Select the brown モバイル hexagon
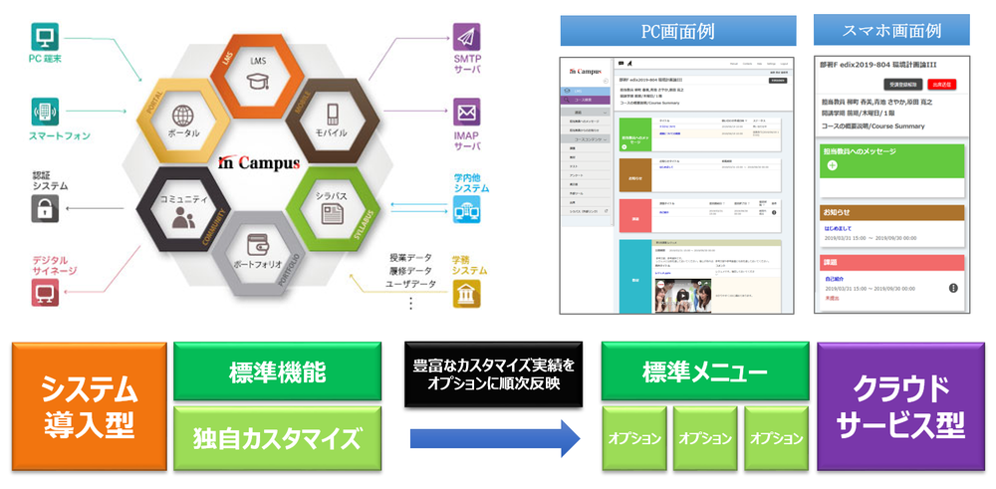(329, 119)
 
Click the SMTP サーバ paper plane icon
(466, 36)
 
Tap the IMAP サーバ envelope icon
(466, 111)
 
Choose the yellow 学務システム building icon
(466, 294)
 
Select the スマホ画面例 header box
(891, 31)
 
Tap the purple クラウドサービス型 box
(900, 407)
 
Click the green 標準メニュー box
(703, 373)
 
